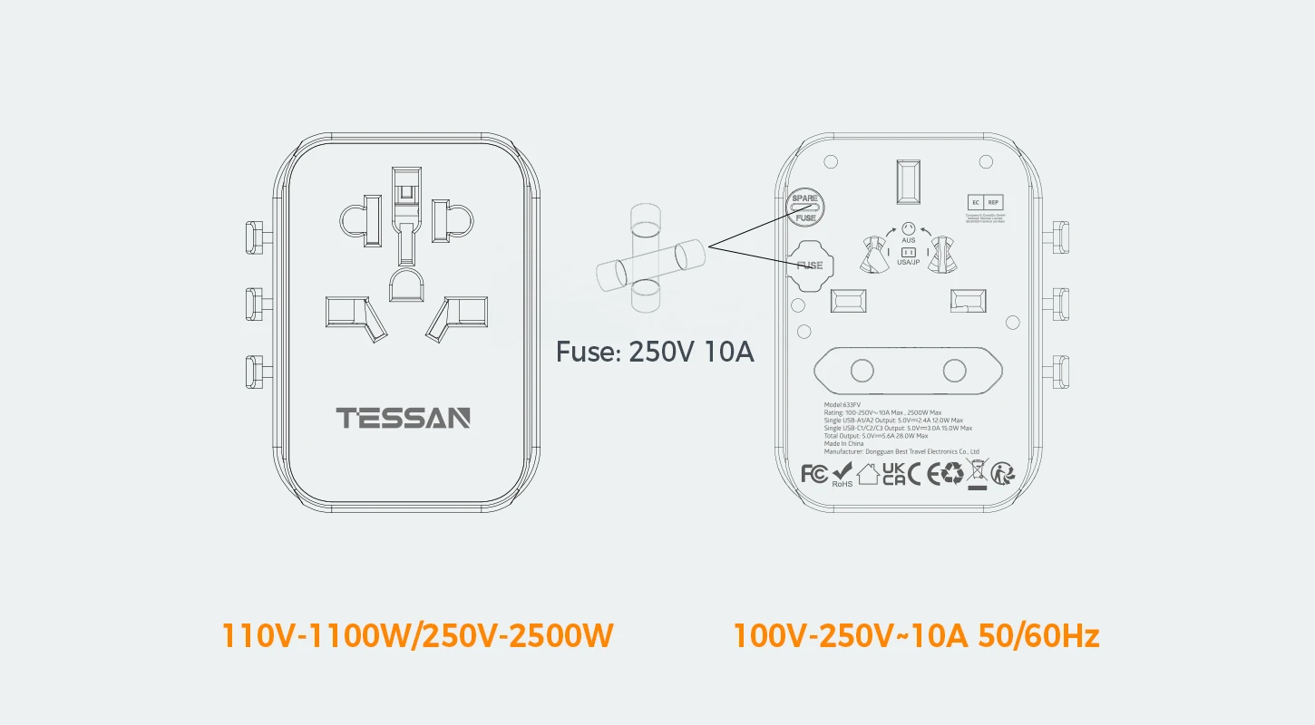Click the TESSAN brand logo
(404, 418)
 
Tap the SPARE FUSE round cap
(804, 208)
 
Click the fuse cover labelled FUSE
(809, 266)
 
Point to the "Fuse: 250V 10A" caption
(655, 352)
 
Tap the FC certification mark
(814, 473)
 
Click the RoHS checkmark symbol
(843, 472)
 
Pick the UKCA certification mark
(893, 473)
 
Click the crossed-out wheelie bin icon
(977, 472)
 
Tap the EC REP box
(985, 203)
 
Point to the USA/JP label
(908, 262)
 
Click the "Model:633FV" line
(843, 405)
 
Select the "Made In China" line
(843, 443)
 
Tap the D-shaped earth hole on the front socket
(404, 283)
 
